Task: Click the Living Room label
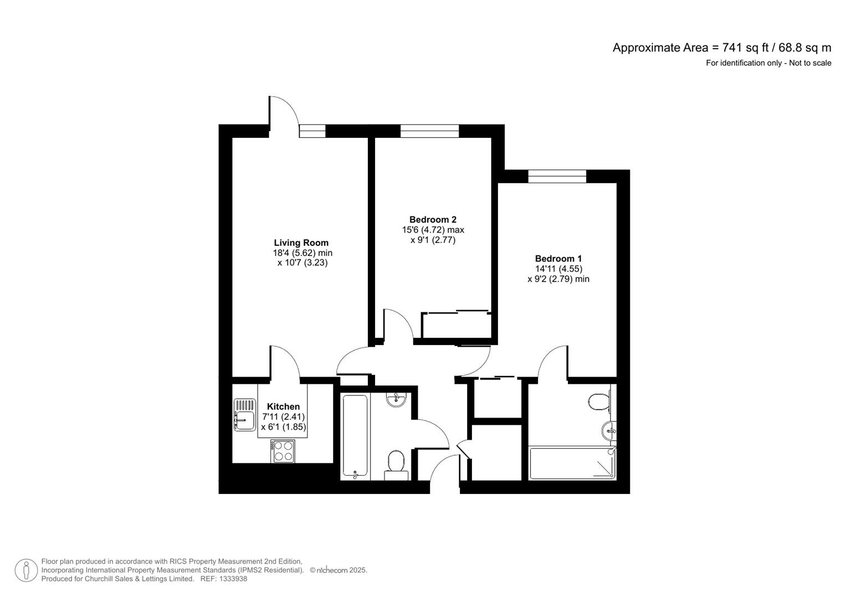301,243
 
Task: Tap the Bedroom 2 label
433,219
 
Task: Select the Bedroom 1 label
558,259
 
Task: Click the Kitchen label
283,406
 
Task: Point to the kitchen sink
244,415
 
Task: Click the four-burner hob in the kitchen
283,451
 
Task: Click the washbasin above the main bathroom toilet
396,399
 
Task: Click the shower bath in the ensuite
572,463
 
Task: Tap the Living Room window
312,131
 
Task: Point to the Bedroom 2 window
429,131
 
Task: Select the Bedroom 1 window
557,176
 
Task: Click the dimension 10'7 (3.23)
302,263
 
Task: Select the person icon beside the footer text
26,570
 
